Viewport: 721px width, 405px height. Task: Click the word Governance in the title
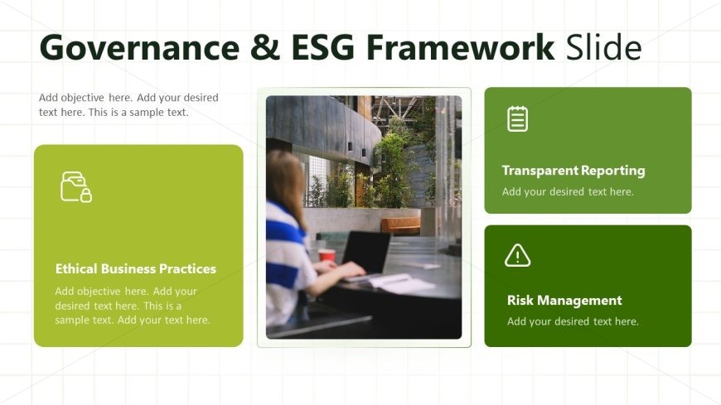tap(140, 47)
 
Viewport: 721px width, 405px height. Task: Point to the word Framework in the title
tap(460, 47)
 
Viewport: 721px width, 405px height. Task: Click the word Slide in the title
tap(604, 47)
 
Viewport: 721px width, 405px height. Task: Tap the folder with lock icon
tap(76, 186)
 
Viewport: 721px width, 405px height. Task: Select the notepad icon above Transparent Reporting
tap(517, 118)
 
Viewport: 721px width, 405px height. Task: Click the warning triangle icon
tap(517, 256)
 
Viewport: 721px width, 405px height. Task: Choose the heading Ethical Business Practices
tap(136, 269)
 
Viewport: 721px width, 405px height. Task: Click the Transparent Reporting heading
tap(573, 171)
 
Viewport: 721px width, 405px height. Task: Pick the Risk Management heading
tap(564, 301)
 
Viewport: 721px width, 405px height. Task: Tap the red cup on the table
tap(327, 255)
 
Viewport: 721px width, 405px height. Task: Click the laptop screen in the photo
tap(366, 252)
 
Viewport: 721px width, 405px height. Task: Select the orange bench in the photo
tap(400, 225)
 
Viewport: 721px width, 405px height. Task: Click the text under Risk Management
tap(573, 321)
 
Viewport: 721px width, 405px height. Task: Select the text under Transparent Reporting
tap(568, 191)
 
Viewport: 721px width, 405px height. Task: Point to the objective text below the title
tap(128, 105)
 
